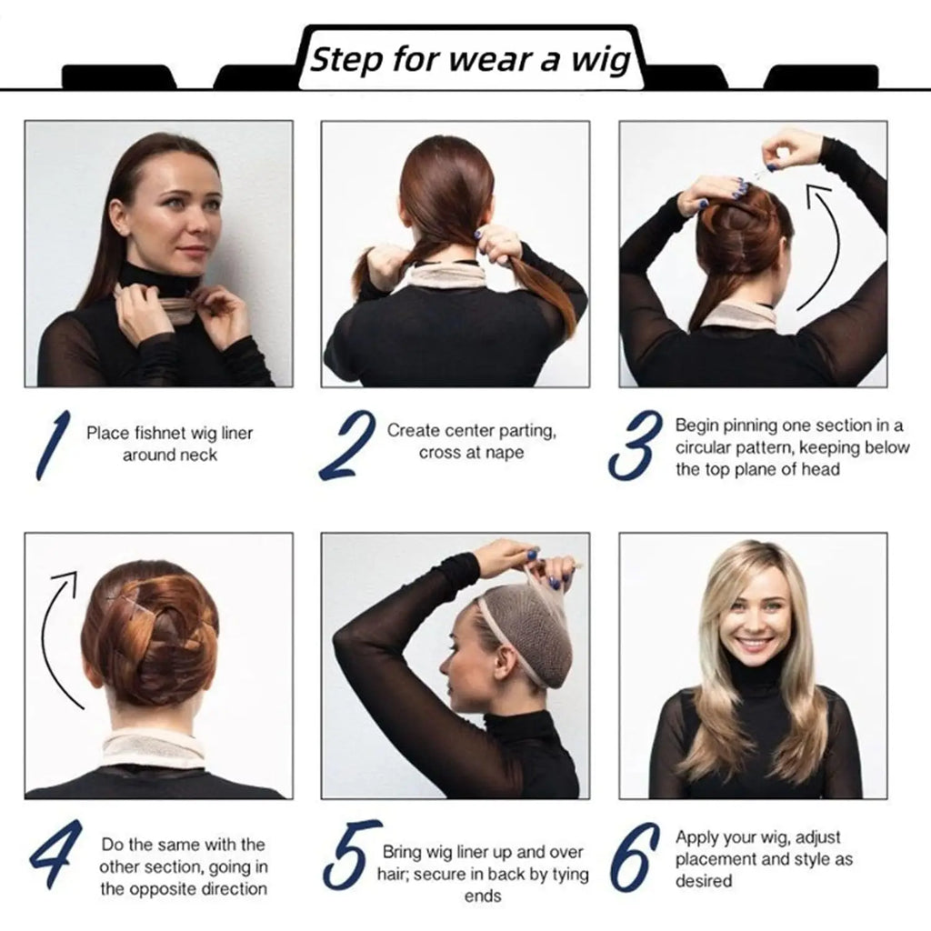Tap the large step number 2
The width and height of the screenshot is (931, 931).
346,445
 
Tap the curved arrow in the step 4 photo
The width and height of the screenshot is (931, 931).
57,636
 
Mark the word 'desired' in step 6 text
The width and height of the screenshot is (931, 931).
704,880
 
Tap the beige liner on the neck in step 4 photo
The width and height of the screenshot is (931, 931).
152,747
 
